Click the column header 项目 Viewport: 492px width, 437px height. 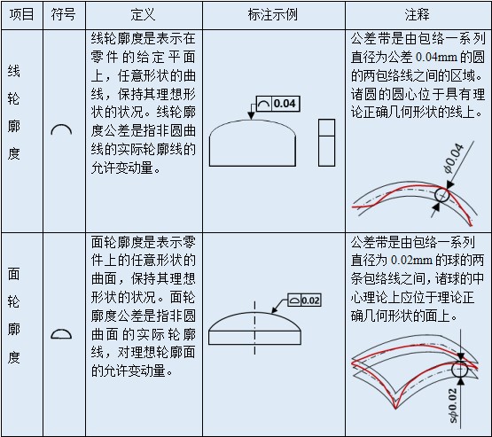(21, 15)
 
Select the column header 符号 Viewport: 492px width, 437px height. (61, 15)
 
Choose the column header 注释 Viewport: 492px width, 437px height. (417, 15)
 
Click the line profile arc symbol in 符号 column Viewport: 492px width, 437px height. (61, 130)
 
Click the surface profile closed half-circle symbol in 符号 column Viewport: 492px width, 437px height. (61, 334)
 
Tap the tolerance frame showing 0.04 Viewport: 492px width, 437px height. (277, 105)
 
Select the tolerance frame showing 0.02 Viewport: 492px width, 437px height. (304, 300)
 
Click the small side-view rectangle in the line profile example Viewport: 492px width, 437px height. (326, 141)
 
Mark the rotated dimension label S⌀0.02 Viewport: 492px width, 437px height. (453, 404)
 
